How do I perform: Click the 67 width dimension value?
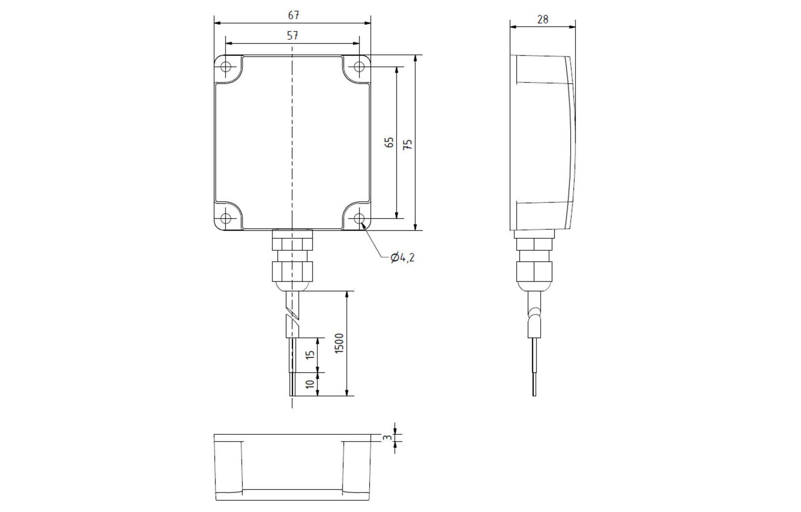[x=294, y=15]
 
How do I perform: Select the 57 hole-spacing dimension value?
[x=293, y=36]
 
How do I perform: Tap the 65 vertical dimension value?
[x=389, y=143]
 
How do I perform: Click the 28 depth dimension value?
[x=543, y=19]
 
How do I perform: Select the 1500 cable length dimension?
[x=339, y=343]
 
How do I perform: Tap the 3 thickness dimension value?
[x=387, y=438]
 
